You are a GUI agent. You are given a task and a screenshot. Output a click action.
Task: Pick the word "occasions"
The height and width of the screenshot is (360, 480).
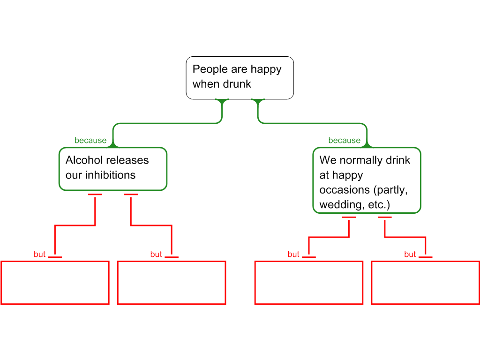pos(344,190)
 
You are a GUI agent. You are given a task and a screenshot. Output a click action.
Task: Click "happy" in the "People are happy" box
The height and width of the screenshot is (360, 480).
pos(266,69)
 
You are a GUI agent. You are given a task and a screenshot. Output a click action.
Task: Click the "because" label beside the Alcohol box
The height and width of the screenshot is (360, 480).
pos(90,141)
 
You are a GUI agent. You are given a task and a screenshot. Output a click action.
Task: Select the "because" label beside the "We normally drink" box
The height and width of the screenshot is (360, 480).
pos(344,141)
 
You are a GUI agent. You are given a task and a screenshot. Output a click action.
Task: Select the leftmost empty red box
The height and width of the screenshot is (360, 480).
pos(55,283)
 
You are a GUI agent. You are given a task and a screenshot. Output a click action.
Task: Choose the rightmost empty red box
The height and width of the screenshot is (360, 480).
pos(425,283)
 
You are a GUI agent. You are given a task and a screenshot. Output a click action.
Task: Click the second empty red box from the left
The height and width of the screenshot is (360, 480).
pos(172,283)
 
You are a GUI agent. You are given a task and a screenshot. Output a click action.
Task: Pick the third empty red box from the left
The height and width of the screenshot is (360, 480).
pos(309,283)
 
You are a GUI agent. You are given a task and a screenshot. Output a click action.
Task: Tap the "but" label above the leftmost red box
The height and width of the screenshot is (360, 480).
pos(40,255)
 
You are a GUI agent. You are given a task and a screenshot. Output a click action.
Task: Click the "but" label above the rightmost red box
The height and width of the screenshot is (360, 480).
pos(410,255)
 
